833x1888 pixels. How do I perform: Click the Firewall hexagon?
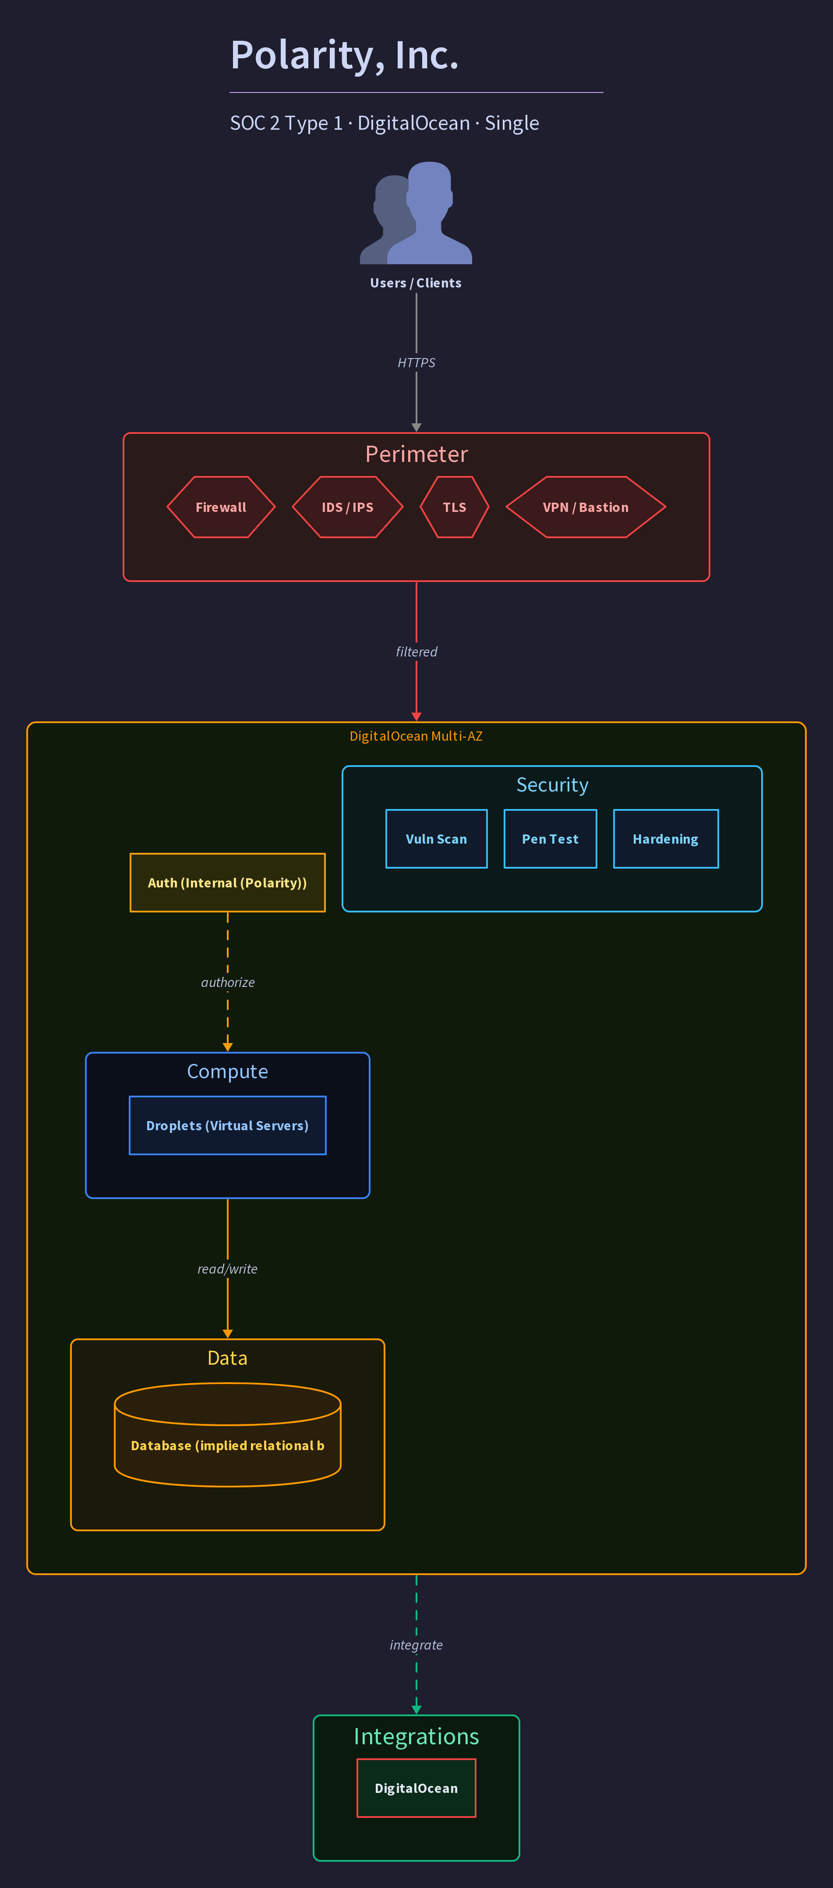(221, 507)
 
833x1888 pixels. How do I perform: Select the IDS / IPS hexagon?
(347, 507)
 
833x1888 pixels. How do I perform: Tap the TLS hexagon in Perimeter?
(454, 507)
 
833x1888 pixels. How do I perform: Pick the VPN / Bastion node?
(586, 507)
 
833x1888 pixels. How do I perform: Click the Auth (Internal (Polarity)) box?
(228, 883)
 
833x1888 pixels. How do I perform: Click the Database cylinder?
(228, 1435)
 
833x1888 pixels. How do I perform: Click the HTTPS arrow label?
(416, 363)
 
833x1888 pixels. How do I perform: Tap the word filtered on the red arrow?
(416, 652)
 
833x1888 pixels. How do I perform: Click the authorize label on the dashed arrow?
(228, 982)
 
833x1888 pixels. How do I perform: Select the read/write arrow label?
(228, 1269)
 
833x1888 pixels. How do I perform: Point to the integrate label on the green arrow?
(416, 1645)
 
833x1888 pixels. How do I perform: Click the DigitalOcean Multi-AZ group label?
(416, 736)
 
